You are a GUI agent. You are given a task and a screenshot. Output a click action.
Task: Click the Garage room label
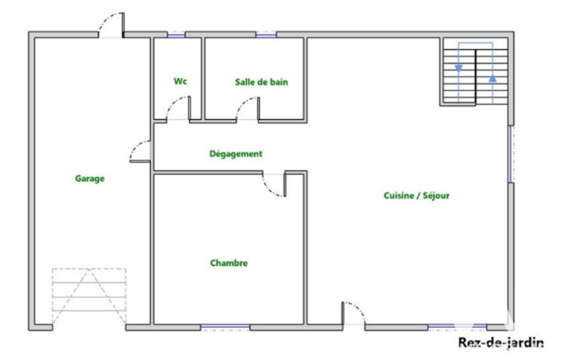pyautogui.click(x=90, y=178)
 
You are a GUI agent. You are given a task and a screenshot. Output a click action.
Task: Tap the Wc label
pyautogui.click(x=181, y=81)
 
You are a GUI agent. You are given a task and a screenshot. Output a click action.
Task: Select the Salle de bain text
pyautogui.click(x=262, y=82)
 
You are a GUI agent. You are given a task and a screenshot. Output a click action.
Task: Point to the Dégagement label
pyautogui.click(x=236, y=154)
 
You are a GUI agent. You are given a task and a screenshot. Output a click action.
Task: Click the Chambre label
pyautogui.click(x=229, y=263)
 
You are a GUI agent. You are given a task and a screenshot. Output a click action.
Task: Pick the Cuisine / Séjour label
pyautogui.click(x=417, y=196)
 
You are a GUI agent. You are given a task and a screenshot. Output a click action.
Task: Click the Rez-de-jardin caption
pyautogui.click(x=501, y=342)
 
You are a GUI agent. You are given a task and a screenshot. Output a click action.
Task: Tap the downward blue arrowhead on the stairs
pyautogui.click(x=459, y=68)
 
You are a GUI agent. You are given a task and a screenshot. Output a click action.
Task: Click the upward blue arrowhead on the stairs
pyautogui.click(x=493, y=78)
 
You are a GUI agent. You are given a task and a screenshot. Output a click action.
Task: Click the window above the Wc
pyautogui.click(x=176, y=35)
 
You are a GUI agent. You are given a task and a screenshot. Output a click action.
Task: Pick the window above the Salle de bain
pyautogui.click(x=266, y=35)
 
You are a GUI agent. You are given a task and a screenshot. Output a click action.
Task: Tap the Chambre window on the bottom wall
pyautogui.click(x=226, y=327)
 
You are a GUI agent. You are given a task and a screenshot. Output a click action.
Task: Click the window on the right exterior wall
pyautogui.click(x=510, y=155)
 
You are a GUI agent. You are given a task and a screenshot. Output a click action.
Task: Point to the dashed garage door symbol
pyautogui.click(x=89, y=296)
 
